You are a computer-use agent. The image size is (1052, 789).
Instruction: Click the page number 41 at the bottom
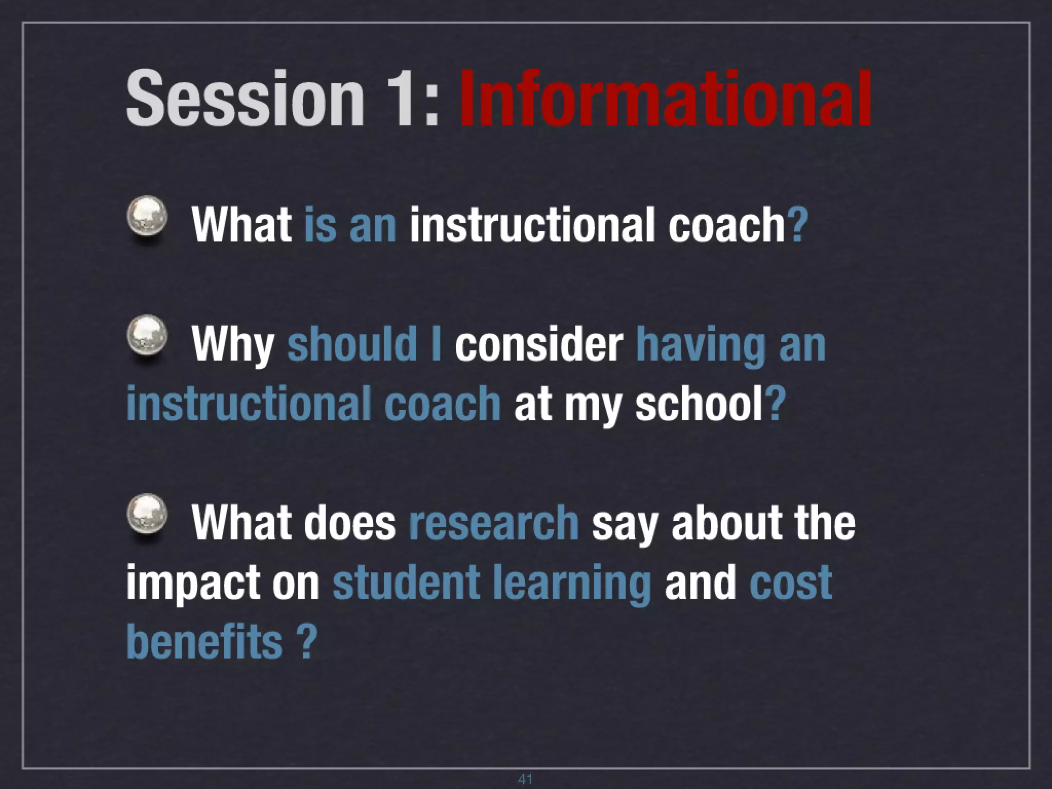[525, 779]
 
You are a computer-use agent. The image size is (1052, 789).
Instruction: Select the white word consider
[538, 344]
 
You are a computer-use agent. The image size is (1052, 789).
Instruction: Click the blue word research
[494, 523]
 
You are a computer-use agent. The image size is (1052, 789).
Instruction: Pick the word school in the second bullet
[699, 404]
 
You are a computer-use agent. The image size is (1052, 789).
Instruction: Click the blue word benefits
[204, 642]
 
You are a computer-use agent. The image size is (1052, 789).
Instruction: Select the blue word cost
[791, 584]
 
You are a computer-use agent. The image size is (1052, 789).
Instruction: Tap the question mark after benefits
[307, 642]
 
